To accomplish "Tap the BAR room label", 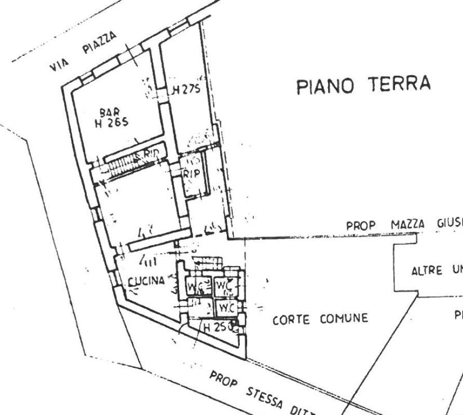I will (x=110, y=112).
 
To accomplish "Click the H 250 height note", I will (x=215, y=327).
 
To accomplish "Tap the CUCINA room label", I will (x=146, y=281).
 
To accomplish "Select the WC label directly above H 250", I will (x=225, y=308).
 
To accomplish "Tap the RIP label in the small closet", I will (x=191, y=174).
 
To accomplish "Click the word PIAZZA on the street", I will (x=100, y=43).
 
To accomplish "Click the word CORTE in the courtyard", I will (x=291, y=319).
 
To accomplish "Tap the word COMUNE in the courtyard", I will (x=343, y=318).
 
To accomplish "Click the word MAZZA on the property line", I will (x=408, y=225).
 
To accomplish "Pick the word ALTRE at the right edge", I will (x=427, y=271).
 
